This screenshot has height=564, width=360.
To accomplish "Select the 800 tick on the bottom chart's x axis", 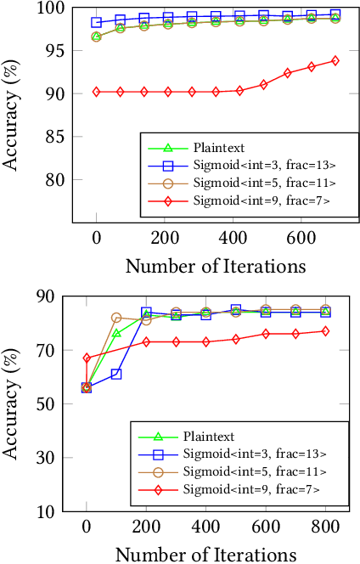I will pyautogui.click(x=325, y=527).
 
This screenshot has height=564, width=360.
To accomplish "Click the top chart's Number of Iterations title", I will pyautogui.click(x=216, y=266).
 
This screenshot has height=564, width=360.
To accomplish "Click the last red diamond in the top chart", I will pyautogui.click(x=335, y=60).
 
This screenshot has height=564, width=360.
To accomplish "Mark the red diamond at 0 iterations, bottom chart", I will pyautogui.click(x=87, y=358).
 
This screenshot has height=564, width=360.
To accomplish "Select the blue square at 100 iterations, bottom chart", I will pyautogui.click(x=116, y=374).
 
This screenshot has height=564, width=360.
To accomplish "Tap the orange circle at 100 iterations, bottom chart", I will pyautogui.click(x=116, y=318).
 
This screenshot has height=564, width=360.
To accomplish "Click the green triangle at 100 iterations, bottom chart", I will pyautogui.click(x=116, y=333).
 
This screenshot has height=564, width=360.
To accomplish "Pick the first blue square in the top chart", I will pyautogui.click(x=96, y=22).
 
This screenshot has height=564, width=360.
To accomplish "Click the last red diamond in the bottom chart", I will pyautogui.click(x=325, y=331).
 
